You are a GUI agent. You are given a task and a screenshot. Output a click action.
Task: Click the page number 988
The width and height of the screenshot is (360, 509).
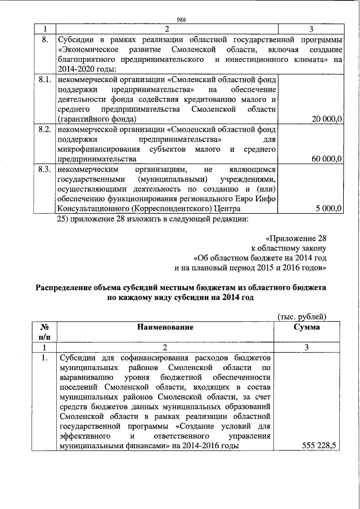coord(181,19)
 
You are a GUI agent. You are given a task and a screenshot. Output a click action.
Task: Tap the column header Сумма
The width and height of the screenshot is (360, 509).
coord(307,327)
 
